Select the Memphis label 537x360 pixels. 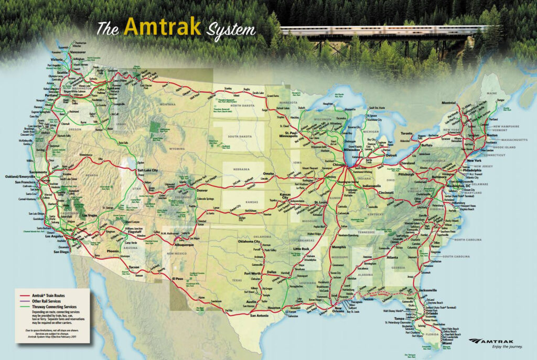tap(338, 247)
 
